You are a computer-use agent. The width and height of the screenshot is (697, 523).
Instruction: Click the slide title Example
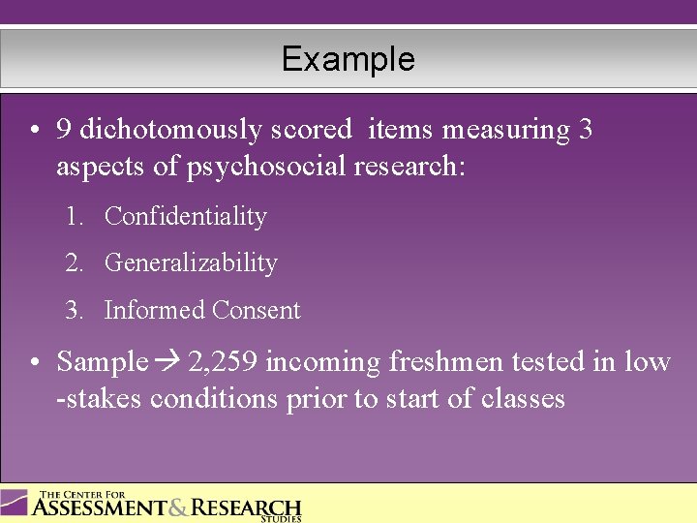(x=348, y=60)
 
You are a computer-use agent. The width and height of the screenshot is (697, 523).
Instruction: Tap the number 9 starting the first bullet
(x=64, y=130)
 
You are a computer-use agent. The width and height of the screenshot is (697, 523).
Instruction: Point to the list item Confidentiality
(x=185, y=217)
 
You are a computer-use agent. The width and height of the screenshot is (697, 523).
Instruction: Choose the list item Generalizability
(x=191, y=263)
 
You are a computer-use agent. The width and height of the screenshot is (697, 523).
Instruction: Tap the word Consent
(x=257, y=311)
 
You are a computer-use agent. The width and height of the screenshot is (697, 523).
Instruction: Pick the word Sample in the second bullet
(x=102, y=363)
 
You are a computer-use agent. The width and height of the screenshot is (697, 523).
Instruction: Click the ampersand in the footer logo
(x=179, y=508)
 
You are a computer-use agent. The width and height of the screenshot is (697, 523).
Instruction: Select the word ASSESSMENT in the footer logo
(x=100, y=508)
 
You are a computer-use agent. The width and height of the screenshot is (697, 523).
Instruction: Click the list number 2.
(x=73, y=263)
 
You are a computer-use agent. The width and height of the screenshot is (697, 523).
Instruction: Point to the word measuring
(x=488, y=130)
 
